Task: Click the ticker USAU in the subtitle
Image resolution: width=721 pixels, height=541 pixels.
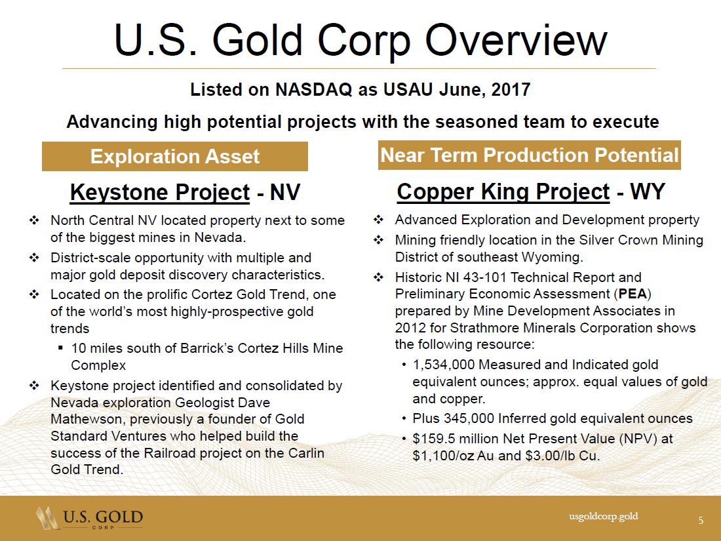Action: [x=408, y=89]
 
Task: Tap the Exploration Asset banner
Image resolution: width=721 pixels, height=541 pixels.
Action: [x=175, y=157]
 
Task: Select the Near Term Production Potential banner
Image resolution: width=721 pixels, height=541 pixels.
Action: [x=529, y=155]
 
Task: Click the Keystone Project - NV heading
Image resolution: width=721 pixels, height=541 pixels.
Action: [x=185, y=192]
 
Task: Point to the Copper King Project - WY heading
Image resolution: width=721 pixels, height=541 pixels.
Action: [x=531, y=191]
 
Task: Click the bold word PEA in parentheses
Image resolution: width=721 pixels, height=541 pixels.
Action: [x=633, y=294]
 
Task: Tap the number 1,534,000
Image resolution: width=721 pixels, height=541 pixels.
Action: [x=443, y=365]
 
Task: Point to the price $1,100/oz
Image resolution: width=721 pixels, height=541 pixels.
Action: [x=444, y=456]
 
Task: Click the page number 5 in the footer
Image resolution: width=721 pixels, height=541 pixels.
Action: [x=701, y=520]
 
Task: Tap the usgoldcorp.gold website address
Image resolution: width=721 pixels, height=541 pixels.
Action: [x=603, y=516]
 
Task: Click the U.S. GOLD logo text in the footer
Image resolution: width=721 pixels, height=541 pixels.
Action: [x=103, y=517]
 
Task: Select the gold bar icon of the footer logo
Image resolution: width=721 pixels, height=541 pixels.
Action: [x=48, y=518]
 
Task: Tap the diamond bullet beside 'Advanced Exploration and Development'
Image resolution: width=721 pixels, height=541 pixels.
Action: [x=378, y=220]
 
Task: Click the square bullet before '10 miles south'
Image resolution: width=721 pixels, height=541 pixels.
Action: [x=61, y=348]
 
